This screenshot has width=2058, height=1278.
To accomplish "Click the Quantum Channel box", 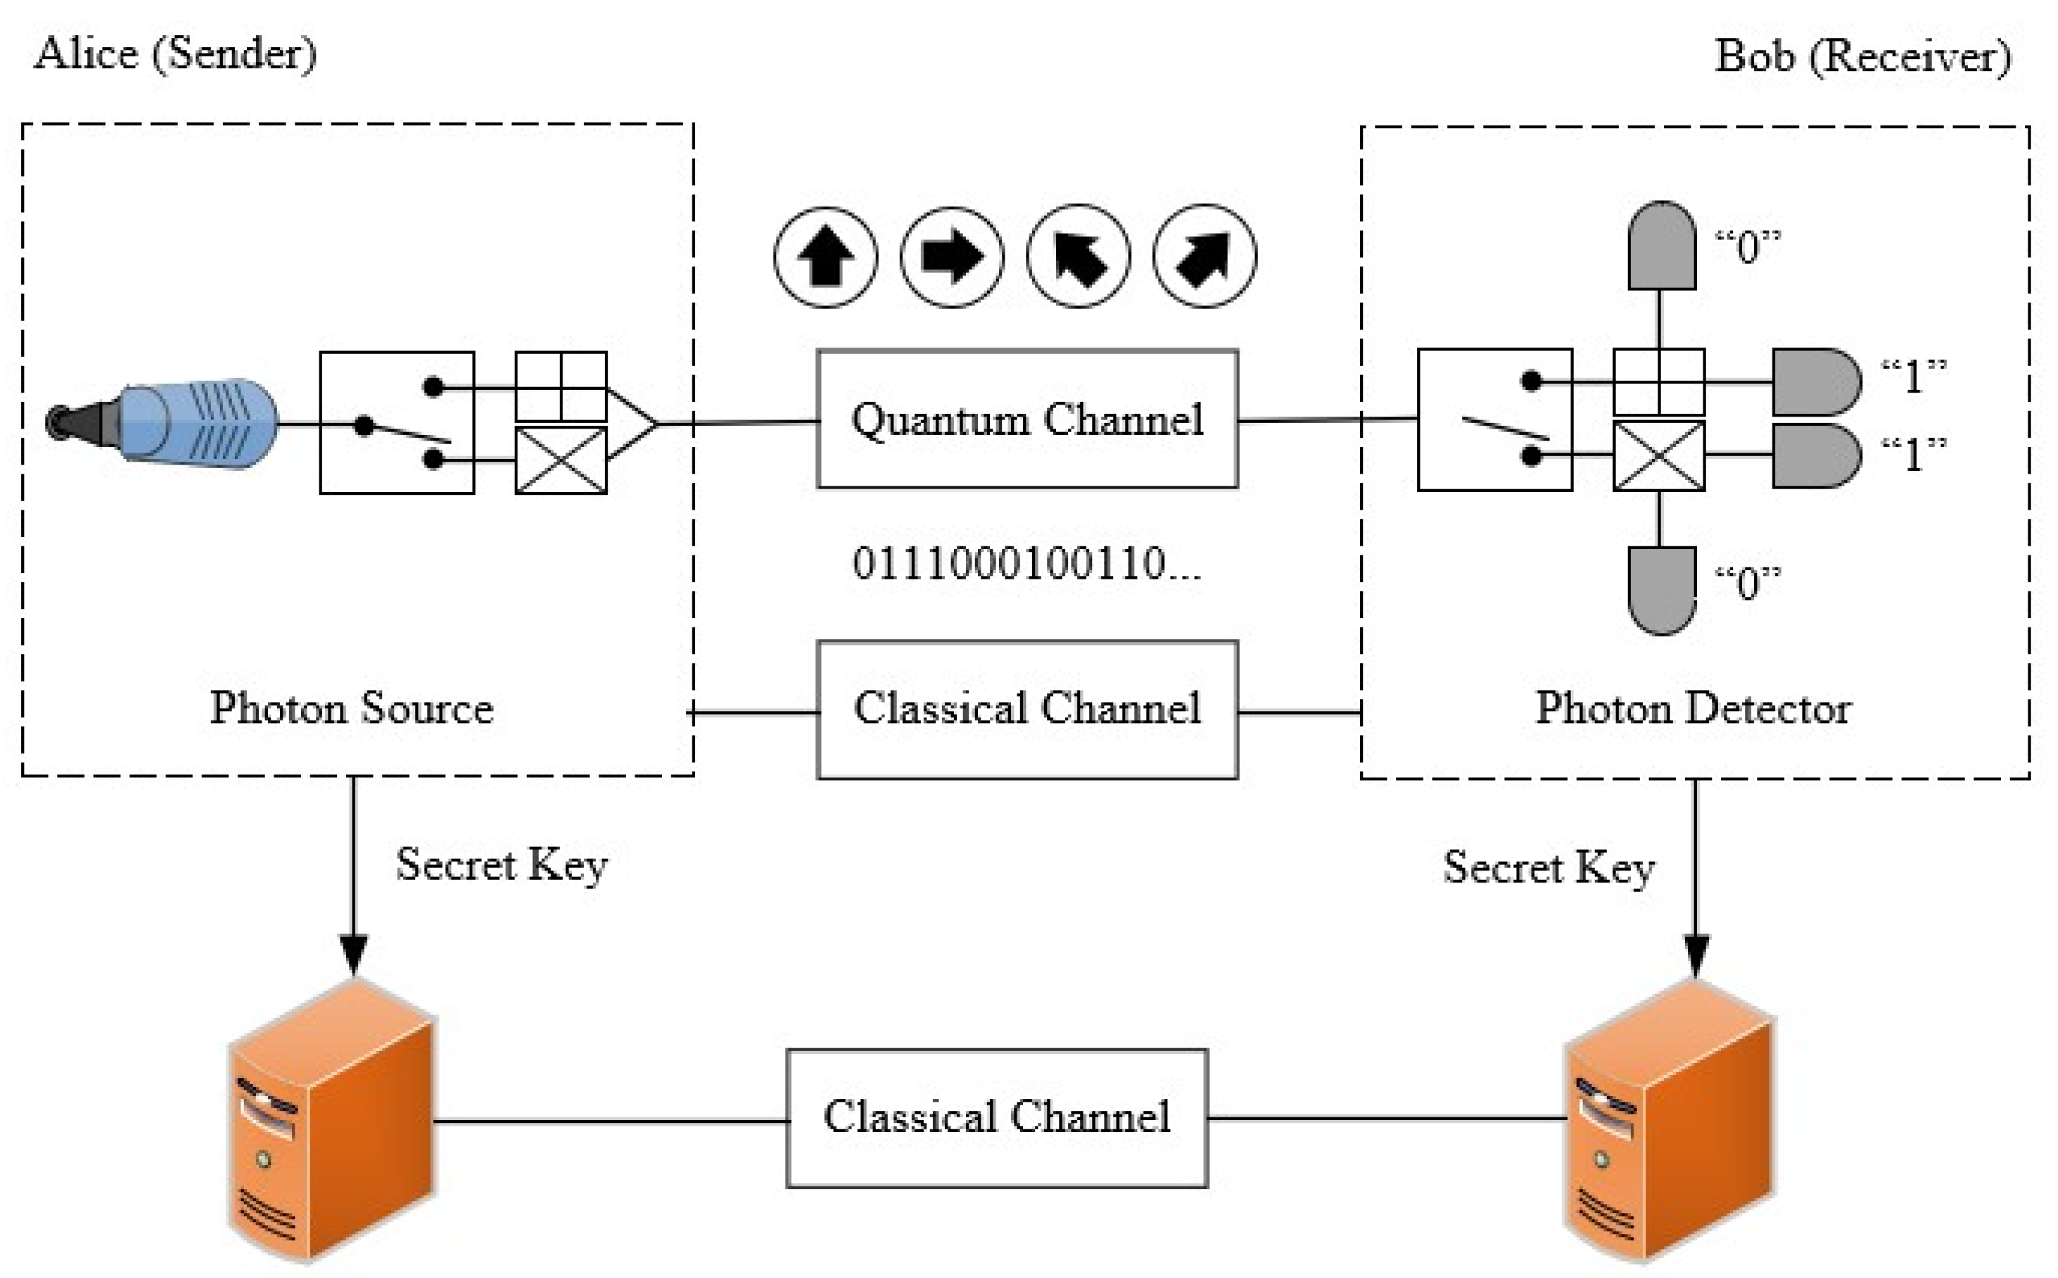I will (1027, 419).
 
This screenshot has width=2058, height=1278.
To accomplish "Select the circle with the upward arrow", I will (826, 257).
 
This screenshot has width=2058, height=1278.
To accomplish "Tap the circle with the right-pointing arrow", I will (952, 257).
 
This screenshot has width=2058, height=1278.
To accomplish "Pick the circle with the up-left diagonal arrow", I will (1077, 257).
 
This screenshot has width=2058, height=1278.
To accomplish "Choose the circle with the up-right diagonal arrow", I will (1204, 257).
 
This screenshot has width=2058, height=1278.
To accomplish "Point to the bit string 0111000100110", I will (1025, 564).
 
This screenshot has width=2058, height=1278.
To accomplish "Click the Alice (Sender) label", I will (176, 54).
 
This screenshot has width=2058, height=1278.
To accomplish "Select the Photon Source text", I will (352, 708).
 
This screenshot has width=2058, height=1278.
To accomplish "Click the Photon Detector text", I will (1693, 708).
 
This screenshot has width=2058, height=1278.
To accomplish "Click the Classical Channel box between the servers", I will (996, 1118).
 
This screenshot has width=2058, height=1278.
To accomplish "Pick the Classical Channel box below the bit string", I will (1027, 709).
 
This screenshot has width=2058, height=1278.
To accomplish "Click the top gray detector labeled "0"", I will (1661, 246).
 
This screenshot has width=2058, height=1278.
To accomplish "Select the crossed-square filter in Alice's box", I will (561, 460).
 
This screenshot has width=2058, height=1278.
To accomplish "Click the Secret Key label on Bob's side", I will (1548, 868).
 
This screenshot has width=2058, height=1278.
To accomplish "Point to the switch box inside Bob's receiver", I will (1494, 420).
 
